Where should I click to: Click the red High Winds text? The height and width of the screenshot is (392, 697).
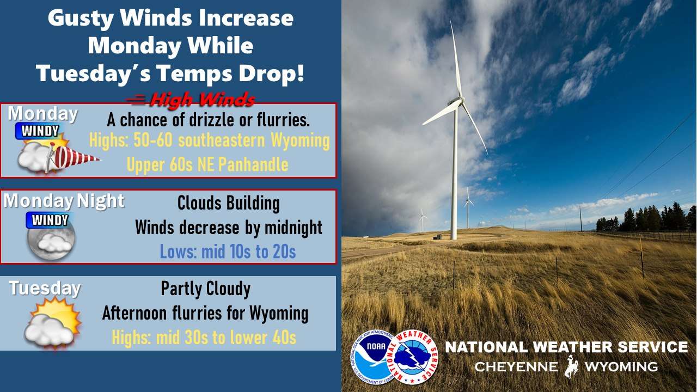pos(202,100)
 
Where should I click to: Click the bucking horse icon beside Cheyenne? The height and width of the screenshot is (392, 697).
pos(571,366)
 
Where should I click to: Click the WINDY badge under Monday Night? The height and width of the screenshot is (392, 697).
pos(50,220)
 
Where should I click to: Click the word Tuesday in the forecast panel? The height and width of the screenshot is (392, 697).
pos(45,288)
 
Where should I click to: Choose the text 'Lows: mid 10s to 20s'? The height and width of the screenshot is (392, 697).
pos(228,252)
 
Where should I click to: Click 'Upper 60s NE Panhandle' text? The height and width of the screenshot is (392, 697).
pos(207,164)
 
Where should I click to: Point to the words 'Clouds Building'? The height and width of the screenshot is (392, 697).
pos(228,203)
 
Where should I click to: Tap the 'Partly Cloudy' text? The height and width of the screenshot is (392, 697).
pos(206,289)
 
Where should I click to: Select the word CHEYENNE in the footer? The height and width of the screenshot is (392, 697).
pos(516,366)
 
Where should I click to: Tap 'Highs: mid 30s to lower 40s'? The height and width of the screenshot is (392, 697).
pos(204,338)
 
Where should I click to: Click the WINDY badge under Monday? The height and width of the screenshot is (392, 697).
pos(40,131)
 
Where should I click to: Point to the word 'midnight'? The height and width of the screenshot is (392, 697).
pos(293,228)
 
